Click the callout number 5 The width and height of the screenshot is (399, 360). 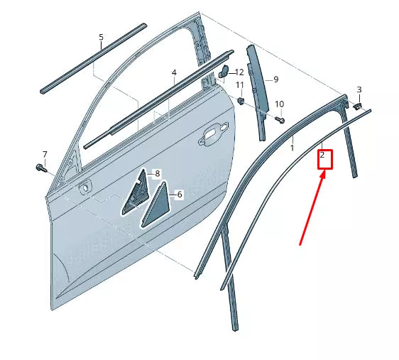(101, 37)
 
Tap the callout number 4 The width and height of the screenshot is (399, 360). (174, 73)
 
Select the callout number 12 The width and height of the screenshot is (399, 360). (239, 72)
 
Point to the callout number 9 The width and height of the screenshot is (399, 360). (275, 79)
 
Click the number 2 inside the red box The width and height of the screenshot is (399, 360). (323, 155)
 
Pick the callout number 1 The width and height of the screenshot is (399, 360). (292, 148)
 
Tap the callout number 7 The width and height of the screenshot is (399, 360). (44, 155)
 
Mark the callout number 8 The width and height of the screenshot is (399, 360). (158, 174)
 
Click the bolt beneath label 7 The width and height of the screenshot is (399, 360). (40, 168)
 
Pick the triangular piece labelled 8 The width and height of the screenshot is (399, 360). (134, 195)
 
